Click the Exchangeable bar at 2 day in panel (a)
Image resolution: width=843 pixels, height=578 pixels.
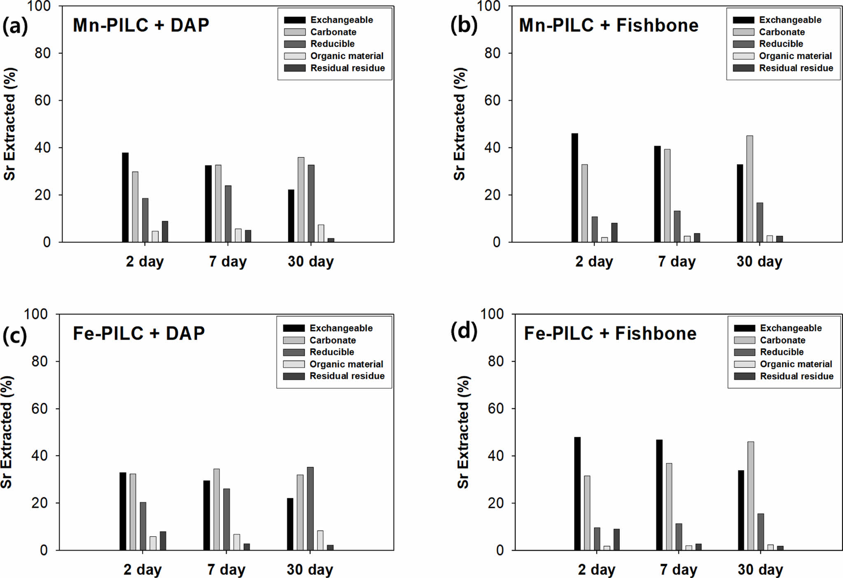pos(125,197)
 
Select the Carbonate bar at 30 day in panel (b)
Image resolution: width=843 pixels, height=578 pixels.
pos(750,189)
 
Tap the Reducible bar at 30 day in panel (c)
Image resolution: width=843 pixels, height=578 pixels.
pos(310,508)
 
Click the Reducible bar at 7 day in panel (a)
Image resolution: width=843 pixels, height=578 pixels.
pos(228,214)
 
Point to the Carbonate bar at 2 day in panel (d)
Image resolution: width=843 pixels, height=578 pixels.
pos(587,513)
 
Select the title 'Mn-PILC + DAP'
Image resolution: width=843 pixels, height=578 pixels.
pos(141,25)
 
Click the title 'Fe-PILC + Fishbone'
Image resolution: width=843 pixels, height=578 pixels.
pos(610,333)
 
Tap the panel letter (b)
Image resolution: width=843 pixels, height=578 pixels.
pos(464,26)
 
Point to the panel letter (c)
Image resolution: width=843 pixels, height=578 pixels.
pos(14,335)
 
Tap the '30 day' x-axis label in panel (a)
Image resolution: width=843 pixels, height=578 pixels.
pos(311,261)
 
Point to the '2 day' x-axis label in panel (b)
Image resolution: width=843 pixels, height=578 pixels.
pos(594,261)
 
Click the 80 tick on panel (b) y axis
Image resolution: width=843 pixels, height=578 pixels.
pos(492,53)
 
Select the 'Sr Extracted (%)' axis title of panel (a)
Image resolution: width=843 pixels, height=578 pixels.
pos(9,124)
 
